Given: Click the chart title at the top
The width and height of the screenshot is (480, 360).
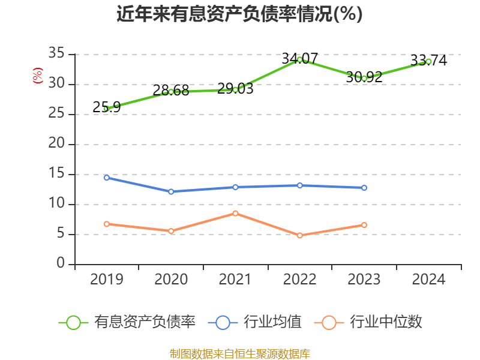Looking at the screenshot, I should pyautogui.click(x=239, y=14).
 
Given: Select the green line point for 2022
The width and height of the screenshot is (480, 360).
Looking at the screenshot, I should pyautogui.click(x=299, y=59).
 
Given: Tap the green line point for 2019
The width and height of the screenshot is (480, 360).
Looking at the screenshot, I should pyautogui.click(x=106, y=109).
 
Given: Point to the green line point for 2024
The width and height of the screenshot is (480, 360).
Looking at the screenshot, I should pyautogui.click(x=428, y=61).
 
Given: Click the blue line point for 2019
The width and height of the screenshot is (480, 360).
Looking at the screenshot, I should pyautogui.click(x=106, y=178).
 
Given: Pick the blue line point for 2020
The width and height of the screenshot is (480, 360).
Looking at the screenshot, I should pyautogui.click(x=171, y=191).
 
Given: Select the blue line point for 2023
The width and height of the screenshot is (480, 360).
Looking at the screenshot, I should pyautogui.click(x=364, y=188).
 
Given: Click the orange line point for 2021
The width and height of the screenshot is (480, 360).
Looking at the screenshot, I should pyautogui.click(x=235, y=213).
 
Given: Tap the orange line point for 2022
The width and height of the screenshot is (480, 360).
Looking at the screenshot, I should pyautogui.click(x=299, y=235).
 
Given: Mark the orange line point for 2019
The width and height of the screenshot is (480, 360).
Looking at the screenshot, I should pyautogui.click(x=106, y=224).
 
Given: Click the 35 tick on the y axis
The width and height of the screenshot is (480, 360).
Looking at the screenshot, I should pyautogui.click(x=56, y=54).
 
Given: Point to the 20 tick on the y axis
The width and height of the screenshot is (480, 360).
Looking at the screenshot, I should pyautogui.click(x=56, y=144).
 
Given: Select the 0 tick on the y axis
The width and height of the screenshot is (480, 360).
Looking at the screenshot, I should pyautogui.click(x=61, y=264).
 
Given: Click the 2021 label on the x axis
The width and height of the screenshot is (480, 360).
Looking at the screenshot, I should pyautogui.click(x=235, y=280).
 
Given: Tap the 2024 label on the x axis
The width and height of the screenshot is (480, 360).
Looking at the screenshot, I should pyautogui.click(x=428, y=280).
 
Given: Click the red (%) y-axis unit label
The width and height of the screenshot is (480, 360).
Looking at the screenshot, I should pyautogui.click(x=37, y=76).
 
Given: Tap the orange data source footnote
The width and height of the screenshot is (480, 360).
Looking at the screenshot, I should pyautogui.click(x=239, y=353).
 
